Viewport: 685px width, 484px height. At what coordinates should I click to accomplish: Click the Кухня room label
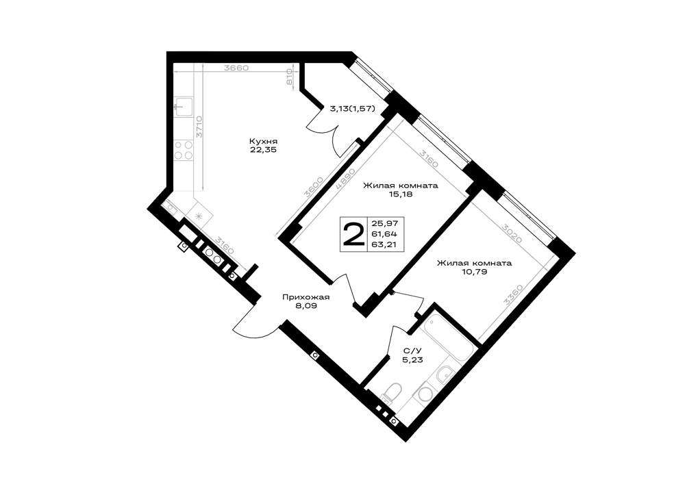click(x=264, y=142)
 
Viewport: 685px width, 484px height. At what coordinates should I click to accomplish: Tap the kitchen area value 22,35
click(x=264, y=150)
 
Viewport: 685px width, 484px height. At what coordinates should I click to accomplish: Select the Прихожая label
click(x=306, y=298)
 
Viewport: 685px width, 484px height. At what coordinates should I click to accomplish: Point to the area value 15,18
click(x=401, y=194)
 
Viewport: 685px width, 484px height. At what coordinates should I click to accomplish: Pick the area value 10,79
click(x=475, y=272)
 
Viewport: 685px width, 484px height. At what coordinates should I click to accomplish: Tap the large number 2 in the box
click(x=353, y=233)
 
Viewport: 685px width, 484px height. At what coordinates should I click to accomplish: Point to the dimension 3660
click(x=236, y=68)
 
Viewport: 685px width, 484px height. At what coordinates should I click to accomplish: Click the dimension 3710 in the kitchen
click(x=199, y=127)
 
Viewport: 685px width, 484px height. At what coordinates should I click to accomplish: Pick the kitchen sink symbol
click(x=184, y=107)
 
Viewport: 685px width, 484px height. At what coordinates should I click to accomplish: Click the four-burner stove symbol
click(x=184, y=150)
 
